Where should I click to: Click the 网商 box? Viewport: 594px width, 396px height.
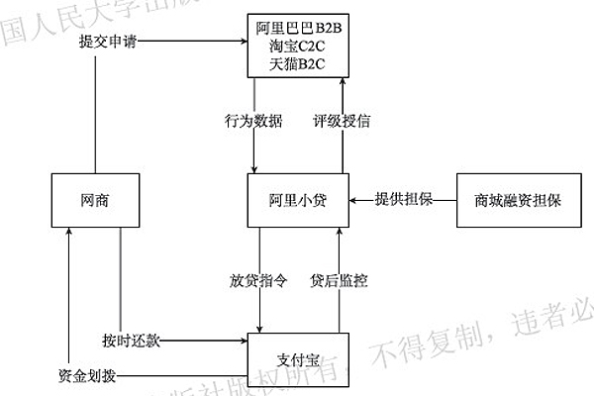click(x=95, y=201)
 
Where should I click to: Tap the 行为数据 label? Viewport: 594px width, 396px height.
click(x=253, y=123)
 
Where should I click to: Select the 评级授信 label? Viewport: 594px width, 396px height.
click(x=343, y=123)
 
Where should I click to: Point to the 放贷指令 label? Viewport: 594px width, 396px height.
click(x=257, y=280)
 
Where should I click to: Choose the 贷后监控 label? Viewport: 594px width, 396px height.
click(x=339, y=280)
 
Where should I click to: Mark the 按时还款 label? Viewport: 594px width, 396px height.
click(x=131, y=340)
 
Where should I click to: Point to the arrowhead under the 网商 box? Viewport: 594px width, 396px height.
click(x=69, y=234)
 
